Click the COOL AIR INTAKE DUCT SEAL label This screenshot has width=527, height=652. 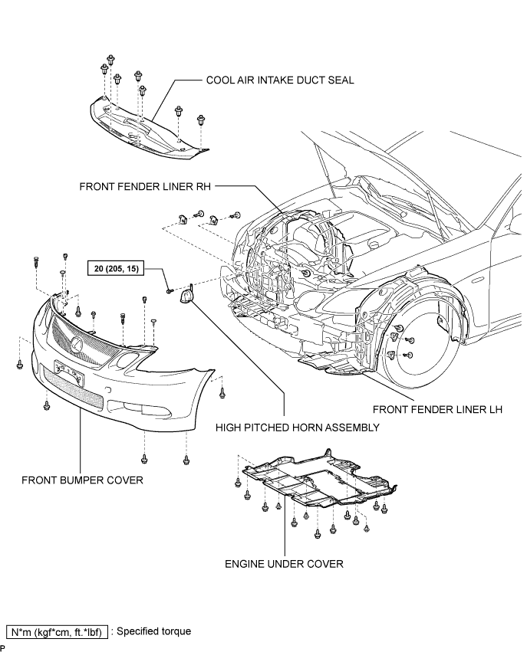click(x=280, y=80)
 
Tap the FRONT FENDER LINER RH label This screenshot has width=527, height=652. click(x=145, y=186)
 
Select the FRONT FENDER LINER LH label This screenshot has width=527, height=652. click(x=437, y=410)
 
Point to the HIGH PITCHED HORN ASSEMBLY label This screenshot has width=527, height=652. click(x=298, y=428)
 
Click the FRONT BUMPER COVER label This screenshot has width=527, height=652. click(x=82, y=480)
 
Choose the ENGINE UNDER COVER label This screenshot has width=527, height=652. click(x=285, y=564)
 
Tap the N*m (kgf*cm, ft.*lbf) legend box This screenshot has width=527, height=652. click(x=57, y=632)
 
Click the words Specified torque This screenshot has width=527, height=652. click(x=154, y=631)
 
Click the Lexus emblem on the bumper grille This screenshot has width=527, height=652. click(x=77, y=343)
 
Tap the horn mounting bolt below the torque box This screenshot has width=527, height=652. click(x=169, y=291)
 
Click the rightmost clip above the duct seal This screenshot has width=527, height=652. click(x=202, y=120)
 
